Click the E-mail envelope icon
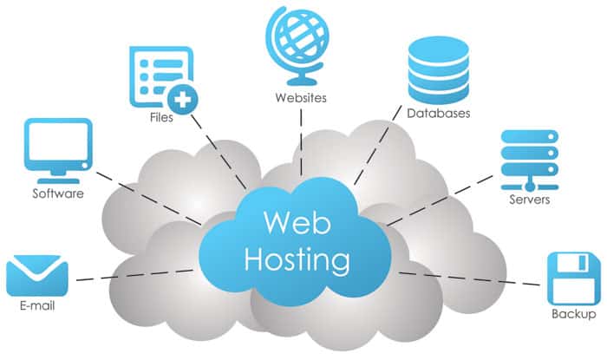pyautogui.click(x=36, y=275)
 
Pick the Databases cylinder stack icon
pyautogui.click(x=438, y=69)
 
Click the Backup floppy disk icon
pyautogui.click(x=573, y=277)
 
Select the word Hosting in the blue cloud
pyautogui.click(x=298, y=258)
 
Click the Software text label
pyautogui.click(x=58, y=193)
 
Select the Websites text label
pyautogui.click(x=299, y=97)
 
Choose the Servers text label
pyautogui.click(x=529, y=200)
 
